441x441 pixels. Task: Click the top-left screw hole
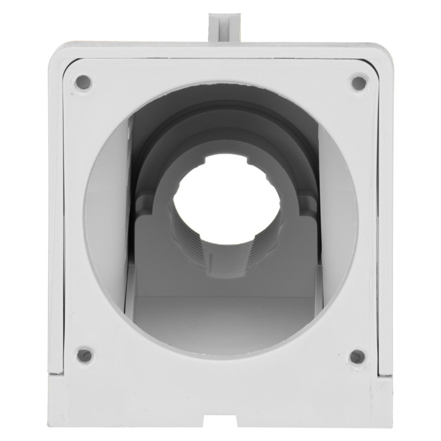83,82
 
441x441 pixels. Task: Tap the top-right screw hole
358,83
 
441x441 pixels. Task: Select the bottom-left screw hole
84,355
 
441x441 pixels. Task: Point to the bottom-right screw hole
357,357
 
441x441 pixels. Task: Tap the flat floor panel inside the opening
224,315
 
